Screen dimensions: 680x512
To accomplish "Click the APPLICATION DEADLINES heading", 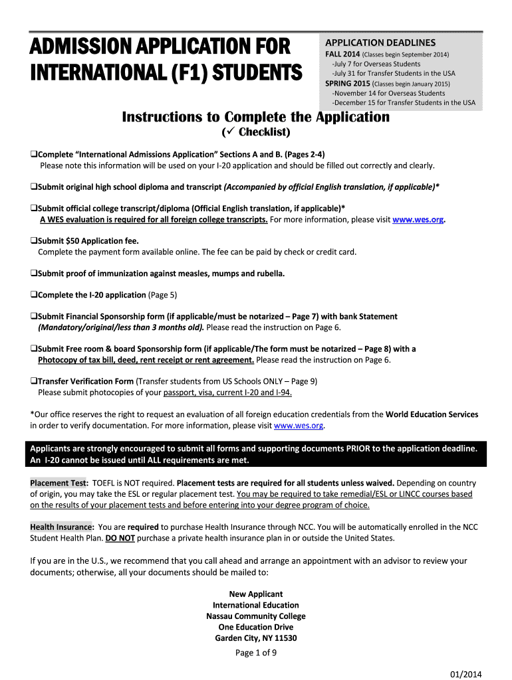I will [380, 42].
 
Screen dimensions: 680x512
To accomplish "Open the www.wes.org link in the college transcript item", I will [418, 220].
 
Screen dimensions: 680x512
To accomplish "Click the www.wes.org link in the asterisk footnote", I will [299, 425].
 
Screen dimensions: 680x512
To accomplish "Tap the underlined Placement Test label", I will [59, 483].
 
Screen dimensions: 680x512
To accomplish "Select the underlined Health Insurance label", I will [61, 527].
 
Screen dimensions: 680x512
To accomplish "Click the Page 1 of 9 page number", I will [255, 652].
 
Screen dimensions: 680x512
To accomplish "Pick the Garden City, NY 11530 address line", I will [255, 638].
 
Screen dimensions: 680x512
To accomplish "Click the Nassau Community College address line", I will [255, 616].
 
